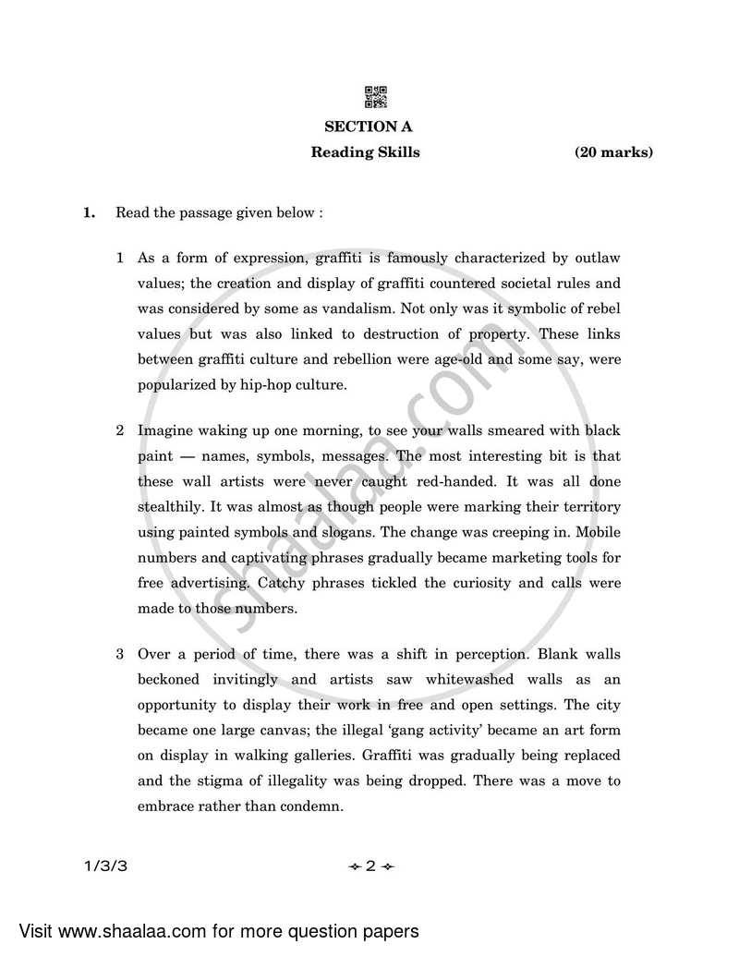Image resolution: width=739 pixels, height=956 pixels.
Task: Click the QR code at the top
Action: (375, 96)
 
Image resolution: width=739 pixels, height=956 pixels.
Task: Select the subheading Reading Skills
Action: (365, 152)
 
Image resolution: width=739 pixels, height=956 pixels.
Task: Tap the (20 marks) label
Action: (613, 152)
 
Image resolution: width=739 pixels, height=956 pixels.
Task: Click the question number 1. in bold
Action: (89, 213)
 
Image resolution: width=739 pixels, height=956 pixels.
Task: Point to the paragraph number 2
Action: (120, 431)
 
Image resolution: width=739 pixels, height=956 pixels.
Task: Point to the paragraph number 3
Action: (120, 655)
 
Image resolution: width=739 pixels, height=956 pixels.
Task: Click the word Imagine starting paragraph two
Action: (165, 431)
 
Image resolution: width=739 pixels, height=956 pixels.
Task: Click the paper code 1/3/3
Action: (103, 866)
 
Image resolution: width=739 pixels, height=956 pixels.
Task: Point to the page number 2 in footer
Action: (369, 866)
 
